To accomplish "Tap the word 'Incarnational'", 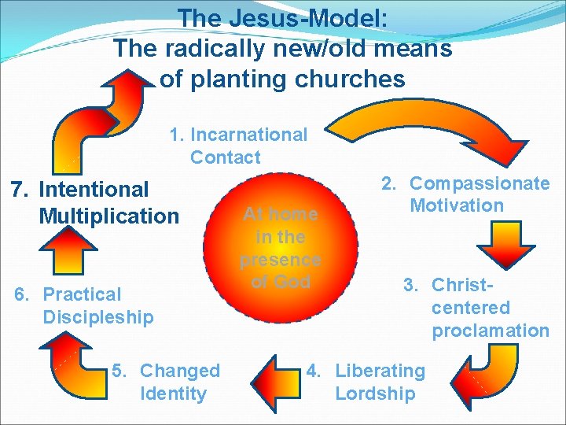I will (249, 135).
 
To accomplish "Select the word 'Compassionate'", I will (480, 183).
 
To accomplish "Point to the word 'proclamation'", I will (490, 331).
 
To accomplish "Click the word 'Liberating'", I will (380, 371).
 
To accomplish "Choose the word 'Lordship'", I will (375, 394).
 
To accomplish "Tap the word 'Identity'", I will (173, 394).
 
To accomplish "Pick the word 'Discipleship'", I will (98, 317).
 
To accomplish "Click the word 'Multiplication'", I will (108, 216).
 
